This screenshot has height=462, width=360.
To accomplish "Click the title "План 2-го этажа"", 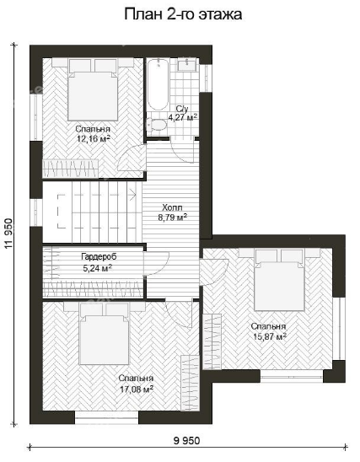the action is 183,14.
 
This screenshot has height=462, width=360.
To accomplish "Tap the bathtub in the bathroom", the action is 158,84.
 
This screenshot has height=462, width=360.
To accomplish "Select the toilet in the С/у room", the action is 156,125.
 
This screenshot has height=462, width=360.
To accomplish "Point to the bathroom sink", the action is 187,64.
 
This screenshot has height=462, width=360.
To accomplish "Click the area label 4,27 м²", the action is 183,117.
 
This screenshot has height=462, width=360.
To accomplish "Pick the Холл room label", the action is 172,207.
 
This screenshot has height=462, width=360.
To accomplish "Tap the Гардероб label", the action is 99,256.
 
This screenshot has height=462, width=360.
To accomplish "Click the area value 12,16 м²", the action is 94,138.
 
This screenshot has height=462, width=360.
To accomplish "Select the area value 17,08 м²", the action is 137,389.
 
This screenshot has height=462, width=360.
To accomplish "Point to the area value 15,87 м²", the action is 270,336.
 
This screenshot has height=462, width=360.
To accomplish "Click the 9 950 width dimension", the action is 187,441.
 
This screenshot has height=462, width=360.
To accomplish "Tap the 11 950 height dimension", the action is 8,234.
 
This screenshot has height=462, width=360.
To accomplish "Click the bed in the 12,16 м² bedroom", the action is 93,89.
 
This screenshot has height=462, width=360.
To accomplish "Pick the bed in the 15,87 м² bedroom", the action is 279,280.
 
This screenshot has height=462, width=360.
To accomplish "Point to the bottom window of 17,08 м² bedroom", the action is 106,417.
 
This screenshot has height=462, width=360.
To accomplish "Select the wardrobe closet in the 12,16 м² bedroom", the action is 71,169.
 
